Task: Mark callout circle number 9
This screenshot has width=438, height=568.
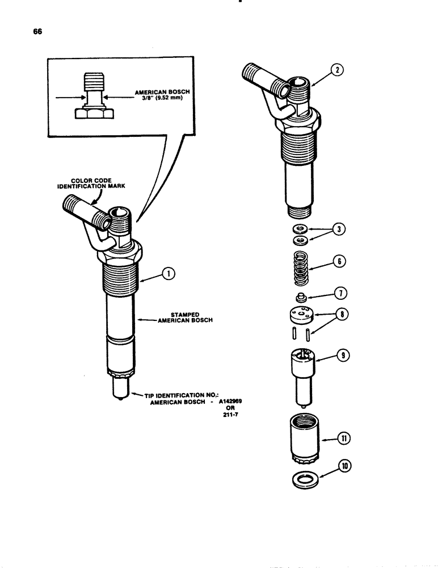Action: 343,357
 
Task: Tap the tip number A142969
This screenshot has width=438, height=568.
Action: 238,401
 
